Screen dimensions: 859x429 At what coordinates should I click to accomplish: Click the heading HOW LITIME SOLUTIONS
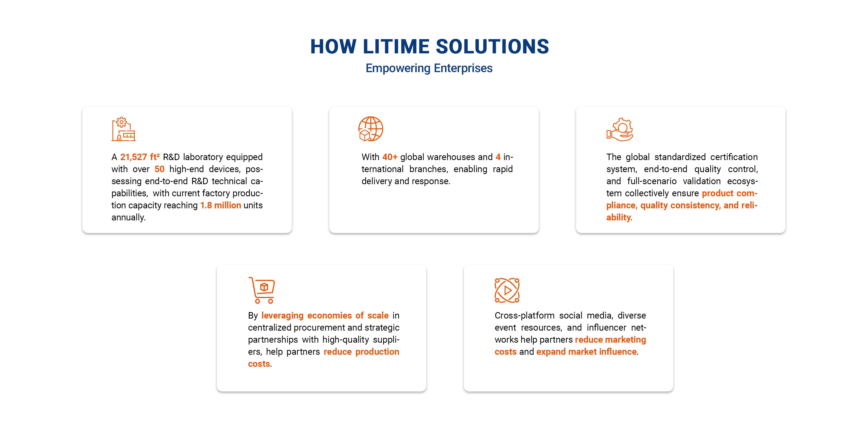(429, 46)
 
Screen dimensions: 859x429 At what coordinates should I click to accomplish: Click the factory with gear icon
(123, 129)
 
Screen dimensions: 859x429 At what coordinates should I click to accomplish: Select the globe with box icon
(370, 129)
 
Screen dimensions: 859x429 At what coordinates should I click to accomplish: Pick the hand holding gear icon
(620, 129)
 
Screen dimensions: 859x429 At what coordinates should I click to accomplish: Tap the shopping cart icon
(261, 290)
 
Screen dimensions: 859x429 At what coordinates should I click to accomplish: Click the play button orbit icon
(507, 290)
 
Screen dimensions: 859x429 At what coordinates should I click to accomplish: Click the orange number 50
(159, 169)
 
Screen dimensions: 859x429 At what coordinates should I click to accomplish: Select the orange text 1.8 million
(220, 205)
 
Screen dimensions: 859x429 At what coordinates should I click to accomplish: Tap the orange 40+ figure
(390, 157)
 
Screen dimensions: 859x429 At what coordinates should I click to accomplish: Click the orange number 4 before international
(498, 157)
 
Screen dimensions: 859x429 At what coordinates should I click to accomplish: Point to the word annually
(128, 217)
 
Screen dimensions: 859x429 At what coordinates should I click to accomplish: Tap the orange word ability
(618, 217)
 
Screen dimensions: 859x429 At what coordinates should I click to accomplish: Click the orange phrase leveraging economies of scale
(325, 315)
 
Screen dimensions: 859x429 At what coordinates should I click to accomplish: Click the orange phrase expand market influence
(587, 352)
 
